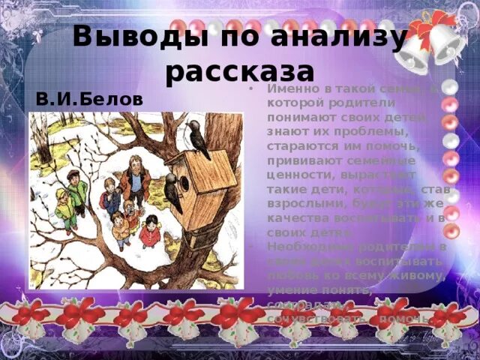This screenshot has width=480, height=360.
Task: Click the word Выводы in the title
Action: pyautogui.click(x=123, y=36)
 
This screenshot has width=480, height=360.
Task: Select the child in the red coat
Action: pyautogui.click(x=150, y=232)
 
